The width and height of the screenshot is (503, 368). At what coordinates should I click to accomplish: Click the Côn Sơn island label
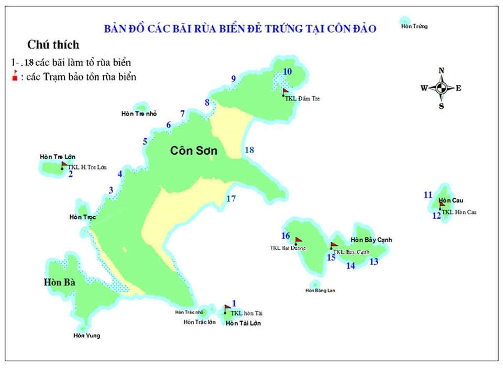coord(193,151)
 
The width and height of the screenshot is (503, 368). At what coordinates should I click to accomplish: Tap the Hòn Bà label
coord(60,282)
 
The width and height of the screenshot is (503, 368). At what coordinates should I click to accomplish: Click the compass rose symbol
coord(441,88)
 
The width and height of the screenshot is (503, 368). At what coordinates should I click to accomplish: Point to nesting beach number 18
coord(249,150)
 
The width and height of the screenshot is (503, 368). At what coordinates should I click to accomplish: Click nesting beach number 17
coord(231,198)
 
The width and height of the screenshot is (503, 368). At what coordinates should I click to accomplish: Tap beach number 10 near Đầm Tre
coord(288,72)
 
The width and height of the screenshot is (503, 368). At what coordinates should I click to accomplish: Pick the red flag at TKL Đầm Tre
coord(286,91)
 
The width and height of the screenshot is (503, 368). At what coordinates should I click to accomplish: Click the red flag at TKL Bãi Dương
coord(299,241)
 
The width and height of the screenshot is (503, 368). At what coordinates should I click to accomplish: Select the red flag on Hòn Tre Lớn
coord(64,164)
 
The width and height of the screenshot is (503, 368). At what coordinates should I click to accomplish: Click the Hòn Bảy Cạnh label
coord(371,240)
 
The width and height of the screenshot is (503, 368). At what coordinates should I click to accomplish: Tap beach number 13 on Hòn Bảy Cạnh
coord(374,261)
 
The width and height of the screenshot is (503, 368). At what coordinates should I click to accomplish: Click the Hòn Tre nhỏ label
coord(138,114)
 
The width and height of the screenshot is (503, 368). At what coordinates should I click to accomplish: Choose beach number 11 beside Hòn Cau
coord(428,195)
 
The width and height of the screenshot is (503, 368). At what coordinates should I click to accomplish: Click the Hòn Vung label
coord(86,336)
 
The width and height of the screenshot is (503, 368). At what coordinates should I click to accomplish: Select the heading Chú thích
coord(53,45)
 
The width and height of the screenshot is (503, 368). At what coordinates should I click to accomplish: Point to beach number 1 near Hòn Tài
coord(234,303)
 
